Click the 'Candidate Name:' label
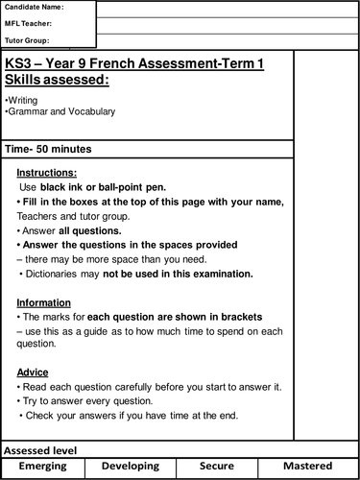tap(36, 8)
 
